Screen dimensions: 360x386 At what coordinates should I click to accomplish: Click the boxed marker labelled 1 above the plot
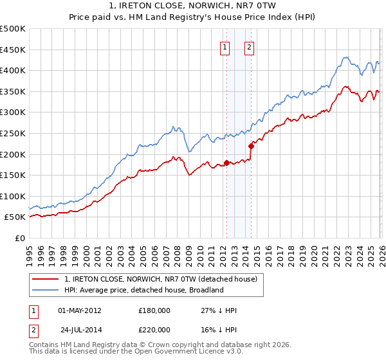tap(225, 46)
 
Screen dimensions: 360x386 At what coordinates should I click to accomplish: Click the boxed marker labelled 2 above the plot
tap(249, 46)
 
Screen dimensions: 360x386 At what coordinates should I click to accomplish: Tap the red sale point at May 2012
tap(226, 163)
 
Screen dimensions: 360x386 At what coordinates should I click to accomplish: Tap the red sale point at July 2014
tap(251, 146)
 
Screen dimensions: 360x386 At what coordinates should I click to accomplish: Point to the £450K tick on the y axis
tap(13, 50)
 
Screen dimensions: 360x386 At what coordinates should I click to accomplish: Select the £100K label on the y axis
tap(13, 196)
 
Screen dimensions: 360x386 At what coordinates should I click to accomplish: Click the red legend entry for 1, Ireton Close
tap(161, 279)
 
